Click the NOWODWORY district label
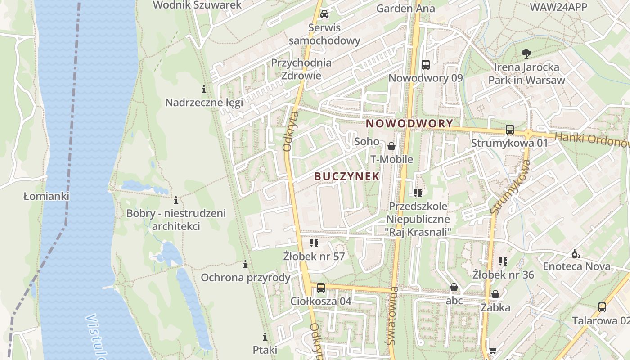tap(409, 123)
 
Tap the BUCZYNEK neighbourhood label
tap(347, 176)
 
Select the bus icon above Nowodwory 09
tap(426, 65)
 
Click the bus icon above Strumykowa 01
tap(510, 130)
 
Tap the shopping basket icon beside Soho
tap(391, 146)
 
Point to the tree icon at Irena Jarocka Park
tap(526, 54)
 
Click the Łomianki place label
tap(46, 196)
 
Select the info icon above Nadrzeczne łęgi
tap(204, 89)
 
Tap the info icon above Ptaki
tap(265, 337)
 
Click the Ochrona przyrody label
tap(245, 277)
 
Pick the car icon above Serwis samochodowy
tap(324, 14)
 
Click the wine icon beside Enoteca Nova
tap(576, 254)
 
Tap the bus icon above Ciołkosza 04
tap(320, 288)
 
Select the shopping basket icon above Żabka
tap(495, 294)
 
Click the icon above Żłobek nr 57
tap(314, 243)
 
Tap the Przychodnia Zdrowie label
tap(301, 69)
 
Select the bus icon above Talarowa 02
tap(602, 308)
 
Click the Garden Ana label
tap(405, 8)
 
